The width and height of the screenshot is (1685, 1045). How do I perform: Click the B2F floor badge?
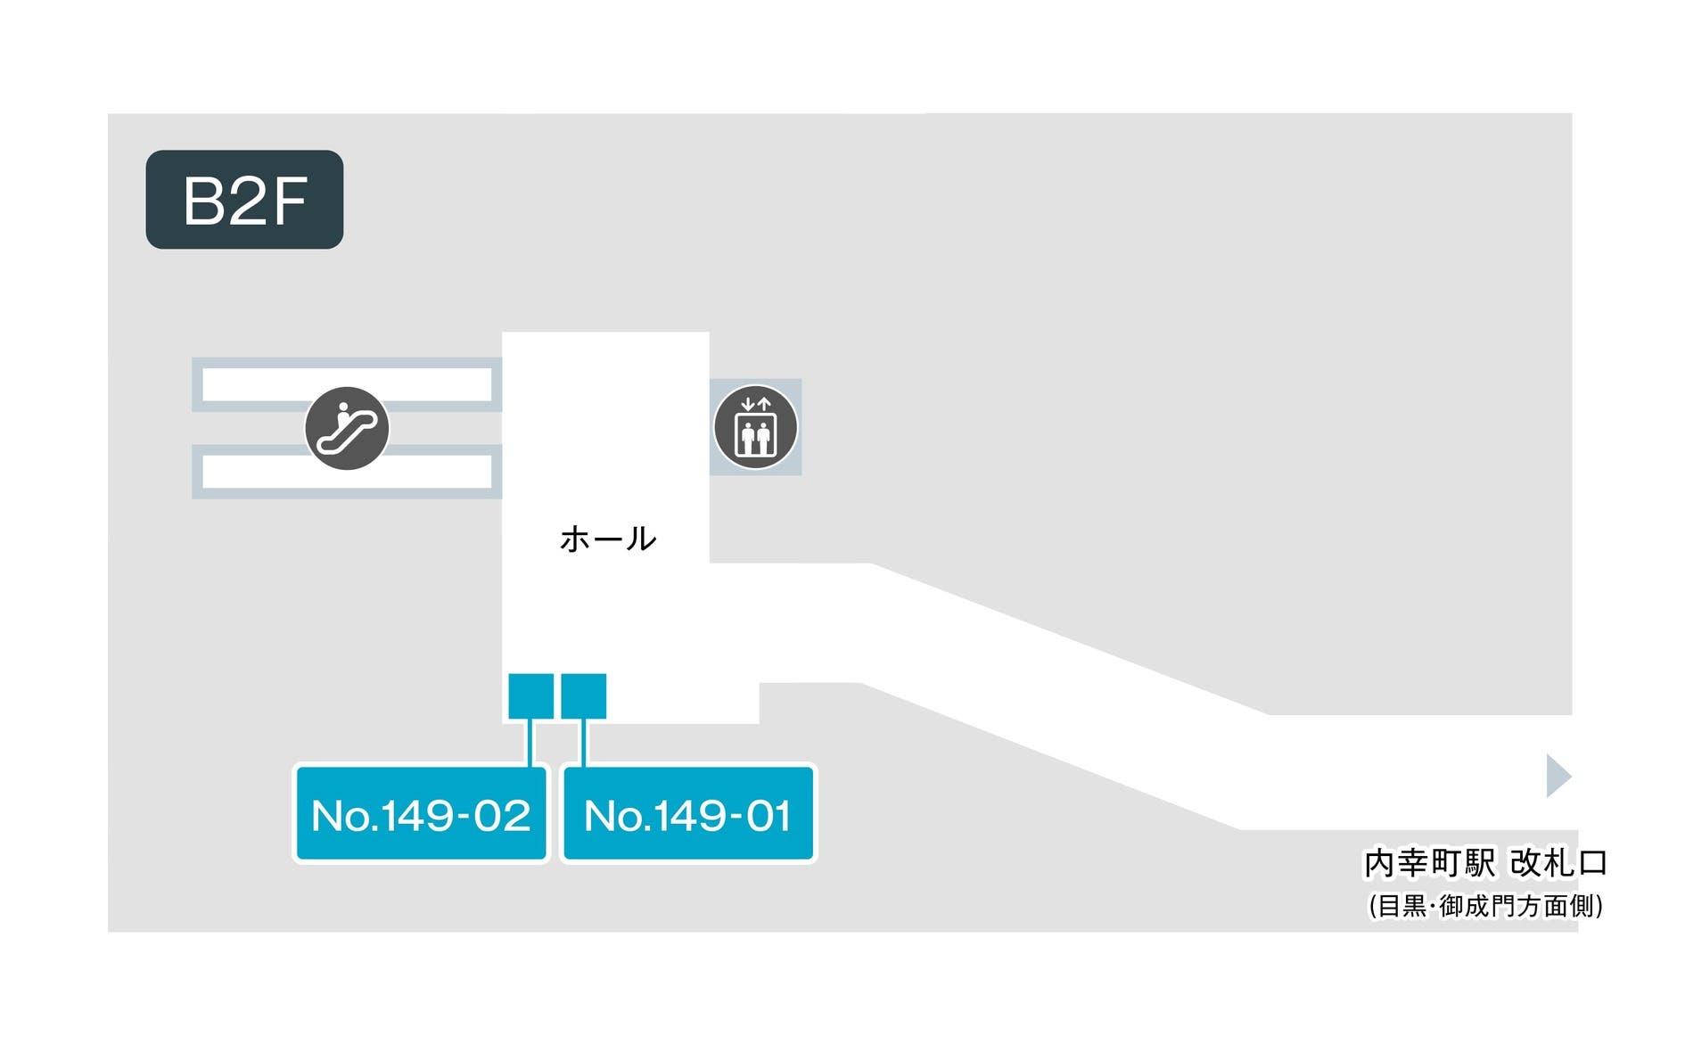(x=244, y=199)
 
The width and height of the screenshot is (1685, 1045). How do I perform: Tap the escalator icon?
(x=347, y=428)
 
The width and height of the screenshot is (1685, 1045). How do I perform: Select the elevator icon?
(x=755, y=427)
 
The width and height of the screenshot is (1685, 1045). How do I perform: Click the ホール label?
(x=608, y=539)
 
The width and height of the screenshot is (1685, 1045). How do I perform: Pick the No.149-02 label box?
(x=421, y=813)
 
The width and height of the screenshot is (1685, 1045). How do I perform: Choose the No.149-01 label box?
(x=687, y=813)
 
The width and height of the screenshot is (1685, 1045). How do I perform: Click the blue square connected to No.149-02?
(x=530, y=695)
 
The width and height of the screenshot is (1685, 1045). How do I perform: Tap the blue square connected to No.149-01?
(x=584, y=695)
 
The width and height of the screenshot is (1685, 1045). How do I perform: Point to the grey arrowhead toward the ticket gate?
(x=1558, y=776)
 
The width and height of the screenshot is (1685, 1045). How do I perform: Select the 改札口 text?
(x=1558, y=863)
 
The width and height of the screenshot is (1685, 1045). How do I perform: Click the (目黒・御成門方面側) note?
(x=1485, y=906)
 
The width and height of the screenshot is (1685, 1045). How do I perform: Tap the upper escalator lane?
(x=347, y=384)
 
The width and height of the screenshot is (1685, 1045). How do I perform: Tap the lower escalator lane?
(x=347, y=472)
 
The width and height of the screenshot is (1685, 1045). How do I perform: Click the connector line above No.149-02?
(x=530, y=742)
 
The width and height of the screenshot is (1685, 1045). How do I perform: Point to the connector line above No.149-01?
(x=584, y=742)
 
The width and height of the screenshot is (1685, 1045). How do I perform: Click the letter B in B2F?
(x=202, y=201)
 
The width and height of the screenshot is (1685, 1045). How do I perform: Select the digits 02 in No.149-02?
(x=502, y=816)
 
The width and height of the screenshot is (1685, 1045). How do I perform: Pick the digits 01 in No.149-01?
(x=769, y=816)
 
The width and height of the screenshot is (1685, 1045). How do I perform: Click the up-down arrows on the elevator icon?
(x=755, y=404)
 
